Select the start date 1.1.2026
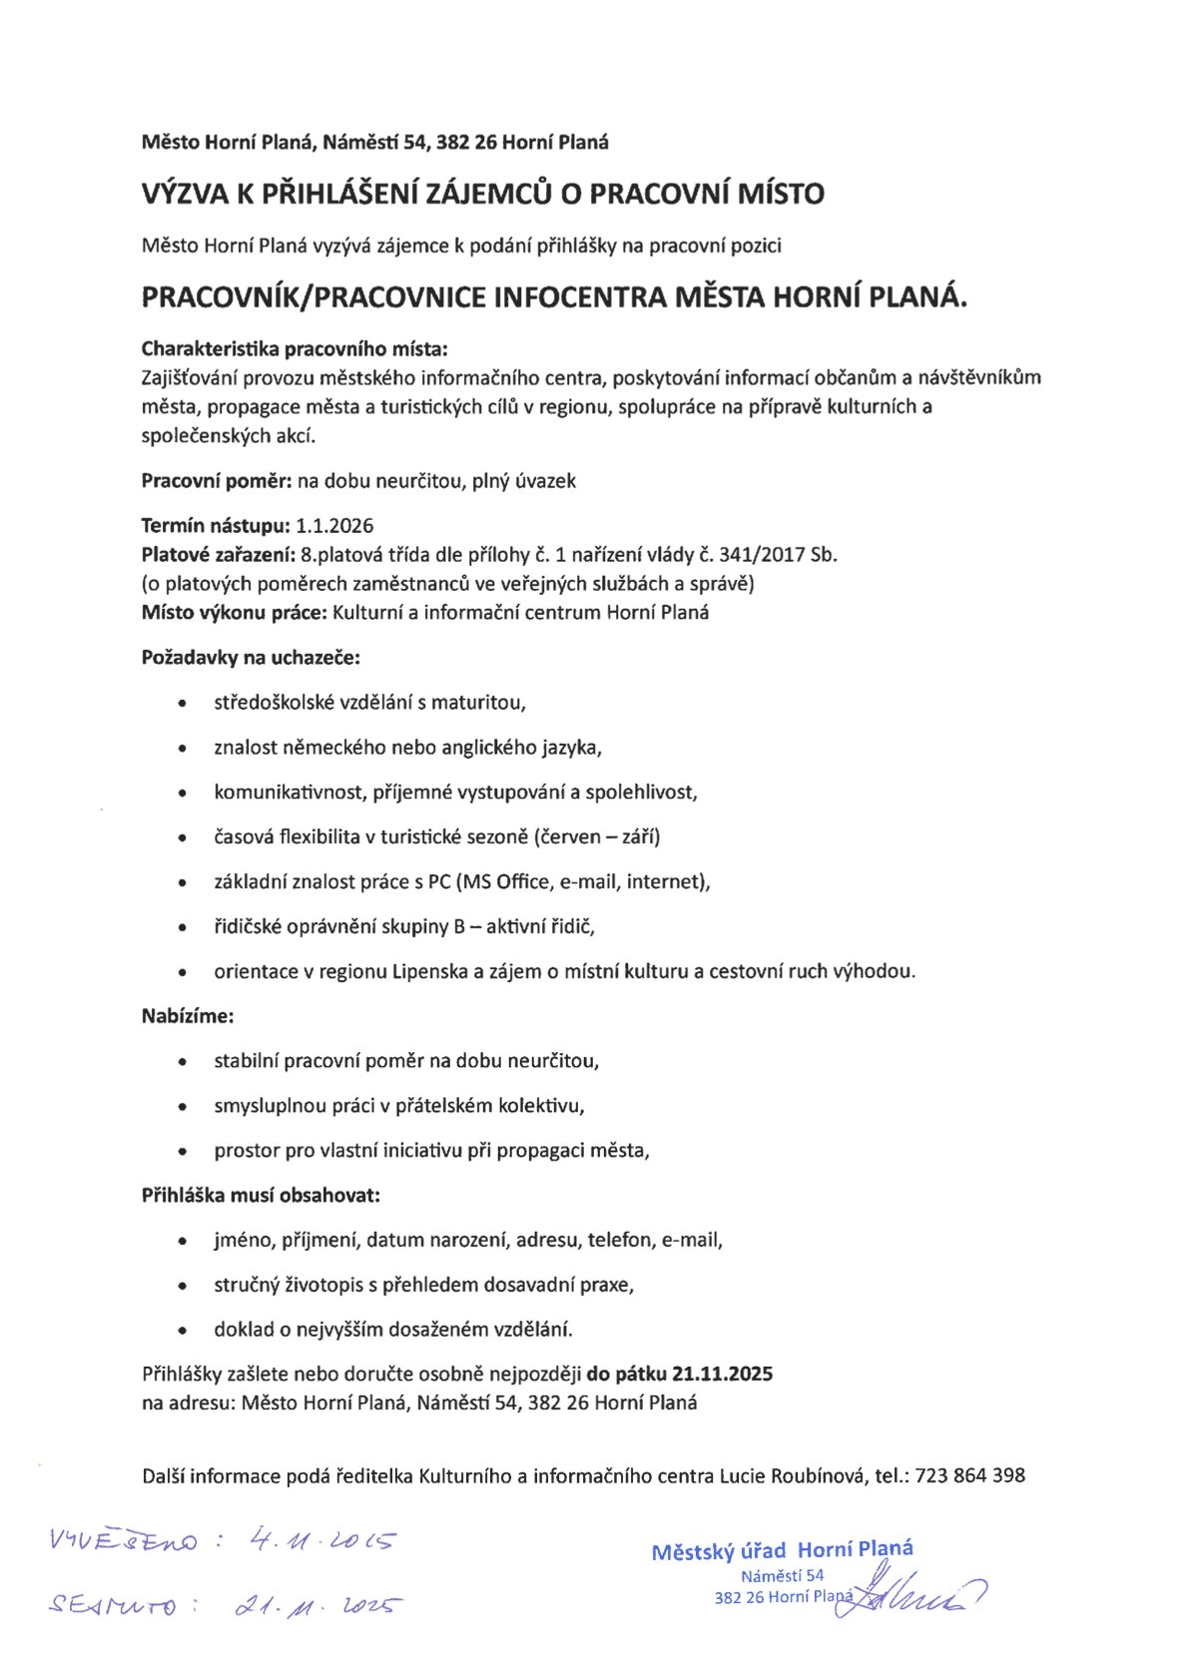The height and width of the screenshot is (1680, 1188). tap(335, 526)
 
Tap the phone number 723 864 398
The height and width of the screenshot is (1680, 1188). tap(969, 1475)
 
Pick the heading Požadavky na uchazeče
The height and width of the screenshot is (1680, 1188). tap(251, 658)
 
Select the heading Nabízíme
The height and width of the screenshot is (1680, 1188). tap(188, 1016)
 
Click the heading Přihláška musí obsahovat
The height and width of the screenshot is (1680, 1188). tap(261, 1195)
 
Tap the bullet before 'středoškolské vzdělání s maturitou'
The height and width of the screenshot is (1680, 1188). tap(182, 704)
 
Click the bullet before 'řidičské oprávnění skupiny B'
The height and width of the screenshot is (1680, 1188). tap(182, 927)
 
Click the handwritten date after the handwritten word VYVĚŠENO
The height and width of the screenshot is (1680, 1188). tap(321, 1540)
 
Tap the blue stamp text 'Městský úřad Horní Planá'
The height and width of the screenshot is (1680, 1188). tap(782, 1550)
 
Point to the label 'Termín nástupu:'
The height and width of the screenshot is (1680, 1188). tap(216, 526)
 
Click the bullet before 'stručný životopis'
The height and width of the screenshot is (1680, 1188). tap(182, 1286)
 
